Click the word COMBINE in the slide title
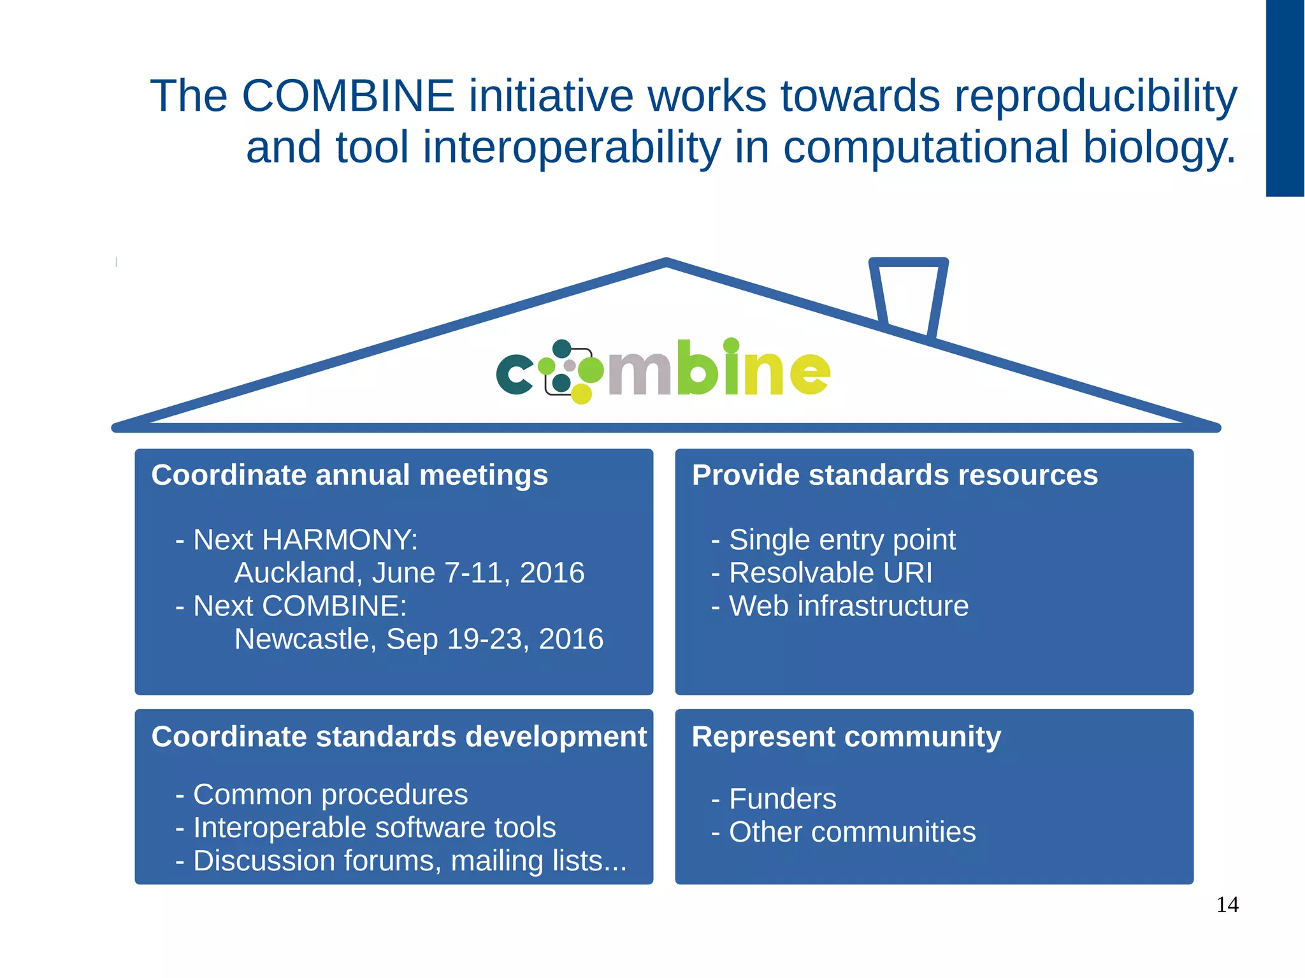point(348,96)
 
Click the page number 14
point(1227,905)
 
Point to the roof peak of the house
point(666,262)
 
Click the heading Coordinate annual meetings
point(349,475)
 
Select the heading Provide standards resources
point(895,475)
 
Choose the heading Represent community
point(846,737)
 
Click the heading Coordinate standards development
point(399,737)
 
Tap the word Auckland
point(295,573)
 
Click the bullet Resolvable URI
point(830,573)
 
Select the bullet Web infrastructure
point(848,606)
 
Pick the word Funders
point(782,799)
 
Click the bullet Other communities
point(852,832)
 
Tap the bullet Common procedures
point(330,795)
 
